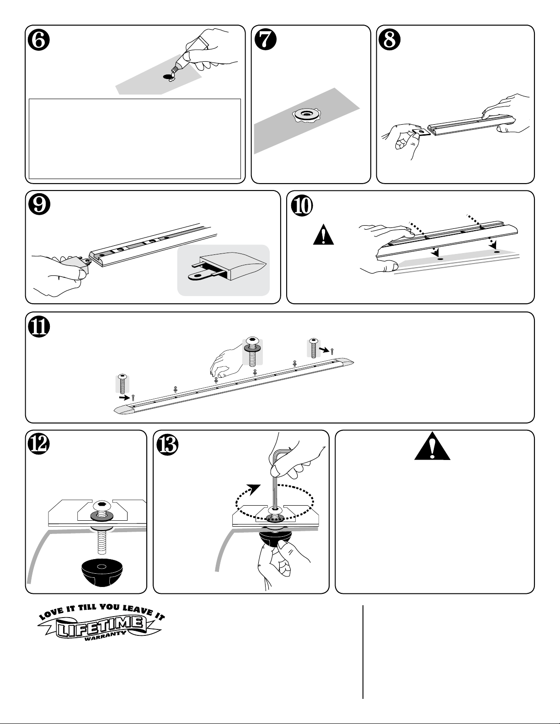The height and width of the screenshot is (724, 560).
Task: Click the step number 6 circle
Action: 39,40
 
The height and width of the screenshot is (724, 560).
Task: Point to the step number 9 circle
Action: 39,205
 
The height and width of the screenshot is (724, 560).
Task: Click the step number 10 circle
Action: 302,206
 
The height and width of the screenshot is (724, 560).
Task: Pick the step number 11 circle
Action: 39,327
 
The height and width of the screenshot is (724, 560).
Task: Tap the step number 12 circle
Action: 39,444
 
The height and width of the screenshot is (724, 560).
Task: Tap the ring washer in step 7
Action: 304,115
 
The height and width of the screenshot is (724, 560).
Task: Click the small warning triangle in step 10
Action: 323,235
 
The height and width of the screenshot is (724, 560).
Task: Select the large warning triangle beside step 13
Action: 432,446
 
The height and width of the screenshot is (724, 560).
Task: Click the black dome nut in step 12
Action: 100,571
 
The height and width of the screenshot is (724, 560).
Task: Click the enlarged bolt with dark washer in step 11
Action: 252,351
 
